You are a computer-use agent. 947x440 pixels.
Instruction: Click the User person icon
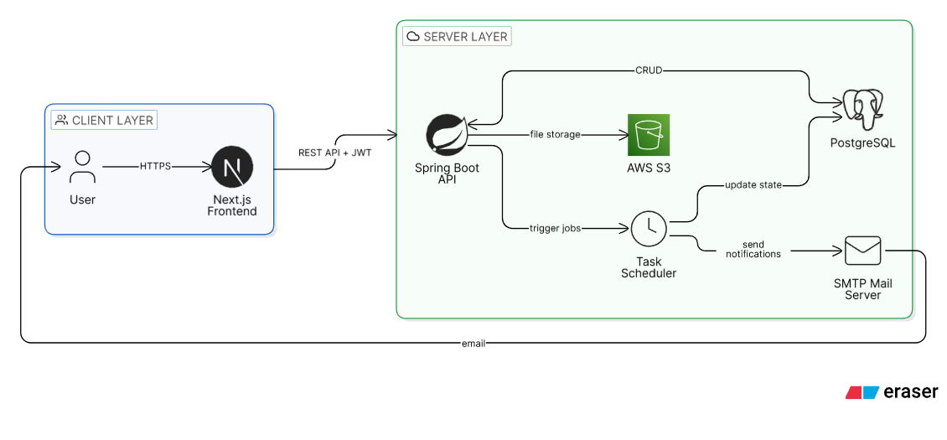(83, 167)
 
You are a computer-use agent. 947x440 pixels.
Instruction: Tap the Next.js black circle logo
(232, 167)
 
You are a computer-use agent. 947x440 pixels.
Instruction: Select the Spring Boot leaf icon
(447, 134)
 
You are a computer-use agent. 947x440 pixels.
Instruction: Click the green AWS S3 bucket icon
(649, 135)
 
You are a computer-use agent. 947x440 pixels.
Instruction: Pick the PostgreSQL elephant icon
(862, 110)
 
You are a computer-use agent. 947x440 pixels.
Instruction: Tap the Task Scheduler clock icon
(649, 229)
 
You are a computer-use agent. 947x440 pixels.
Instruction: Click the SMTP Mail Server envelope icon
(862, 251)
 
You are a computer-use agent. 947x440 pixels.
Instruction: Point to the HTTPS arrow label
(155, 167)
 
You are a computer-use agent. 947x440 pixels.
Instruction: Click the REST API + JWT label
(334, 153)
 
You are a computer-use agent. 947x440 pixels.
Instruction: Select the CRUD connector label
(649, 71)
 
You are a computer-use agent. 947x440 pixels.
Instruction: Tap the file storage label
(555, 134)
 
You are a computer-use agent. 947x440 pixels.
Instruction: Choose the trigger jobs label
(555, 229)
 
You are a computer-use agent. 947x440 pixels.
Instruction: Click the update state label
(753, 185)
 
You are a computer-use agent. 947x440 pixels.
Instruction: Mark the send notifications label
(753, 250)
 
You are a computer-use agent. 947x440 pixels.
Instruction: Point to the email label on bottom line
(473, 344)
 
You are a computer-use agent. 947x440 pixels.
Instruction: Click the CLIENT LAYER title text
(113, 121)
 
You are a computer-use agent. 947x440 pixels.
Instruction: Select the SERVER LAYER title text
(465, 36)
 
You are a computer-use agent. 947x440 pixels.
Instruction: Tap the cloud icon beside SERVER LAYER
(413, 36)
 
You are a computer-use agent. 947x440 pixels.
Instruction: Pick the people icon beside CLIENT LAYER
(61, 121)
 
